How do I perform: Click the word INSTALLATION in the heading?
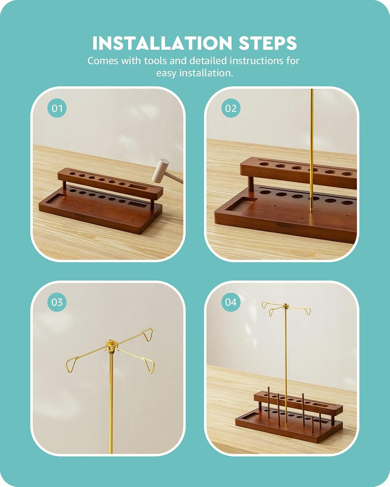pyautogui.click(x=162, y=43)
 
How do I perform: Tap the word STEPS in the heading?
pyautogui.click(x=268, y=43)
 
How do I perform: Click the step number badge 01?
pyautogui.click(x=57, y=108)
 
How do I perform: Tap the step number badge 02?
pyautogui.click(x=231, y=108)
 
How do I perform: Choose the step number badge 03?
pyautogui.click(x=57, y=302)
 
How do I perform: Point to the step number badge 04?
pyautogui.click(x=231, y=302)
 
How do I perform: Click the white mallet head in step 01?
pyautogui.click(x=160, y=170)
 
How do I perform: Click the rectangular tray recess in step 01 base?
pyautogui.click(x=56, y=199)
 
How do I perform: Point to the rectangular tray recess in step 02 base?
pyautogui.click(x=241, y=204)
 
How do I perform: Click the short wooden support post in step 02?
pyautogui.click(x=251, y=183)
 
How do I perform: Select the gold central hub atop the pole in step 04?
pyautogui.click(x=286, y=307)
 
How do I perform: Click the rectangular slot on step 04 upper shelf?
pyautogui.click(x=321, y=405)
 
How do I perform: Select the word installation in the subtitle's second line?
pyautogui.click(x=206, y=73)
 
